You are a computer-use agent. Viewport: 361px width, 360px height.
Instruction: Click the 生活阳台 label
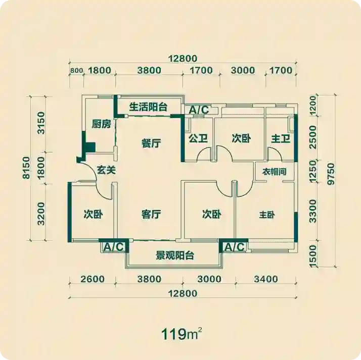(148, 107)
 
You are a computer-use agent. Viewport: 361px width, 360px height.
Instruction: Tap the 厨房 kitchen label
(101, 124)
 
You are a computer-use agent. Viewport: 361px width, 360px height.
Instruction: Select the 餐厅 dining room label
(151, 143)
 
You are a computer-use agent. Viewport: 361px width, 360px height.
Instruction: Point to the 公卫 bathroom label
(198, 138)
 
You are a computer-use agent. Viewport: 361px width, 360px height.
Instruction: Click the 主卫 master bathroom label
(281, 139)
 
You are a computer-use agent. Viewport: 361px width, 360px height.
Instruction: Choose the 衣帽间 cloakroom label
(275, 172)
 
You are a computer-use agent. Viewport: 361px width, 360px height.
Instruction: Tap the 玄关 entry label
(106, 170)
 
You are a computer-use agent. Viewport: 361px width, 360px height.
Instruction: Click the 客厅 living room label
(151, 214)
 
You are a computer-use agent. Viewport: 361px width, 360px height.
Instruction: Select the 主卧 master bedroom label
(267, 215)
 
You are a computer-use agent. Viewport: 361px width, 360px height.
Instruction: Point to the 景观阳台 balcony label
(175, 255)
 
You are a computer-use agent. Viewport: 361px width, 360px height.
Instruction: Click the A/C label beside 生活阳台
(199, 110)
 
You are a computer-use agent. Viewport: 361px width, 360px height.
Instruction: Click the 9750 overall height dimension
(331, 174)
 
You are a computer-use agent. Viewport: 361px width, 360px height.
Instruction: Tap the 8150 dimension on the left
(26, 168)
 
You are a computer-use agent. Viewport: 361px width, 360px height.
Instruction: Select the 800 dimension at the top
(76, 71)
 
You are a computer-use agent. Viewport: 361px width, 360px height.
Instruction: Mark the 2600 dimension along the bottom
(93, 279)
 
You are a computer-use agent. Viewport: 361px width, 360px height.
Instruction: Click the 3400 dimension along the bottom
(266, 279)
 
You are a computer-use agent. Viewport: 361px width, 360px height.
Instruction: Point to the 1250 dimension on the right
(313, 172)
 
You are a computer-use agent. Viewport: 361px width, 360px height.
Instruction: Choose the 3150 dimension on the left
(41, 123)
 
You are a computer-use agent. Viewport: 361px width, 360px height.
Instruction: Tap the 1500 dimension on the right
(313, 256)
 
